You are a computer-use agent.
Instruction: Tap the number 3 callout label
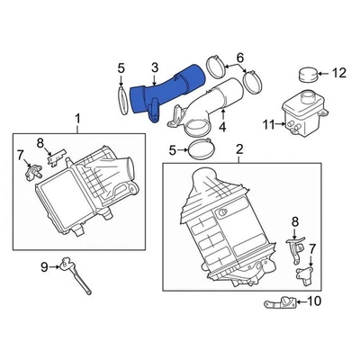point(154,67)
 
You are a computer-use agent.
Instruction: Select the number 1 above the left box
point(76,119)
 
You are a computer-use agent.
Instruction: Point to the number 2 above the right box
point(239,148)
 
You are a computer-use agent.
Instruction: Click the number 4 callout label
point(221,127)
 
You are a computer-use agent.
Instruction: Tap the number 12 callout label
point(339,72)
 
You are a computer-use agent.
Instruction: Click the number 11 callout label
point(265,124)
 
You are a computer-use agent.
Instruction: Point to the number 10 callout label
point(315,301)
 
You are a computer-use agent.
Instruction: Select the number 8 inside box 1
point(39,142)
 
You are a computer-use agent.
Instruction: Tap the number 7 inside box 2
point(311,248)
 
